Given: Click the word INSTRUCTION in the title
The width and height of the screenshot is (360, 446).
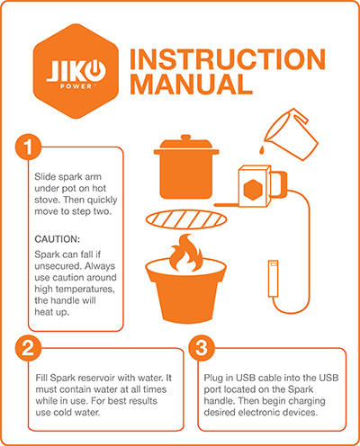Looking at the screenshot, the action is point(228,59).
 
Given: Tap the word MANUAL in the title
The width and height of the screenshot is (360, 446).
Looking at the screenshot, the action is point(192,84).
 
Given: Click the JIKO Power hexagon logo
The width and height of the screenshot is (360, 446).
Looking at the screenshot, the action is point(76,71).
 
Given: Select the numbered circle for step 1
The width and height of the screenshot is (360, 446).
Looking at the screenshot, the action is point(28,147).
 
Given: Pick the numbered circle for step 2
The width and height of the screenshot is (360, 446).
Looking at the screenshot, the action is point(28,348).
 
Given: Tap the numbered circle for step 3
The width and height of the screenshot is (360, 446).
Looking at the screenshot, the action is point(202,348).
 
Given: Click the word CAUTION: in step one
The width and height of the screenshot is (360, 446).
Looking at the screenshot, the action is point(58,239).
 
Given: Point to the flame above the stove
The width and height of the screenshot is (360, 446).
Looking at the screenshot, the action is point(185,254).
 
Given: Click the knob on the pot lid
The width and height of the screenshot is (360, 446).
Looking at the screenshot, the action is point(186,138).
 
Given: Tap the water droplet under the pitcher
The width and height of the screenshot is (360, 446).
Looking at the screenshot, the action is point(262,148).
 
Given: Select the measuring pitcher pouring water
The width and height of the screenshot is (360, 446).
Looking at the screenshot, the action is point(291,133).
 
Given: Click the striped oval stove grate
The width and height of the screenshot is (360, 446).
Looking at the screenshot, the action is point(186,219).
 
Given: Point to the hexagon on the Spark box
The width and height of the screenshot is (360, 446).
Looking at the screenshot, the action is point(253,190).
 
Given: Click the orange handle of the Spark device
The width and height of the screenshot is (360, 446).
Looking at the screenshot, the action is point(280,183).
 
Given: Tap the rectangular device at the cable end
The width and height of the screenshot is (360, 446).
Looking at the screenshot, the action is point(273,279).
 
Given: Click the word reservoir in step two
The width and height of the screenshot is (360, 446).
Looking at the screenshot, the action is point(97,378).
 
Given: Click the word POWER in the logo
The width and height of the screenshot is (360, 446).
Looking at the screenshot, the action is point(76,86).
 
